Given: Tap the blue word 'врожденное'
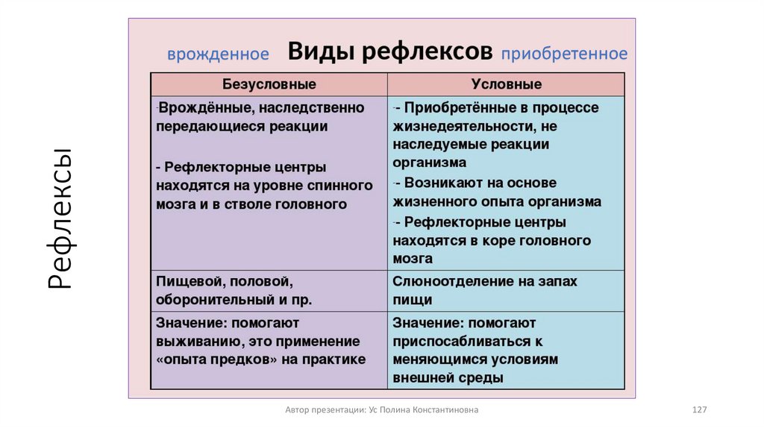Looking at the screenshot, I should tap(218, 54).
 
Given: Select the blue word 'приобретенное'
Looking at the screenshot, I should tap(564, 54).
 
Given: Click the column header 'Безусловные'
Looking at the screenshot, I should tap(269, 84).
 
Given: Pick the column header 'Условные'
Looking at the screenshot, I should tap(507, 84).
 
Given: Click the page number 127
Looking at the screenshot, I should tap(700, 410).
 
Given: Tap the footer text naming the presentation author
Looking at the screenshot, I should tap(382, 410).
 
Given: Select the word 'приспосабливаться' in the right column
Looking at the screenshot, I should tap(456, 342).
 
